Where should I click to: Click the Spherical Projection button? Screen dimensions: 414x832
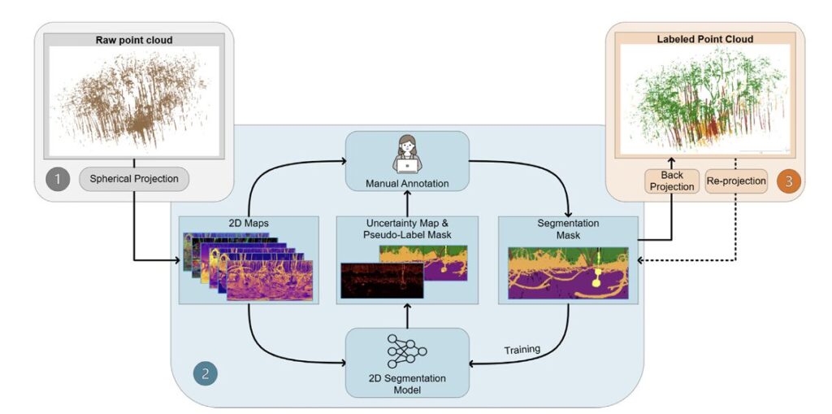(x=134, y=178)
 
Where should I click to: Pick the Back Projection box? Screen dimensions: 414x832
(x=671, y=181)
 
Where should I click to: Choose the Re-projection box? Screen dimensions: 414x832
(x=736, y=181)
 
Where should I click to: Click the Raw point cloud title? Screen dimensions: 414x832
(x=134, y=39)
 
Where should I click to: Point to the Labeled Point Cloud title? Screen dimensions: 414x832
(x=704, y=38)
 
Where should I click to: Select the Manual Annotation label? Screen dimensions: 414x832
(x=407, y=184)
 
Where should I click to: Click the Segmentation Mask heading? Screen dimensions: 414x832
(x=568, y=229)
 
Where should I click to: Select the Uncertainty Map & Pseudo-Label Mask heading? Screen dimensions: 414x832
(x=407, y=229)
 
